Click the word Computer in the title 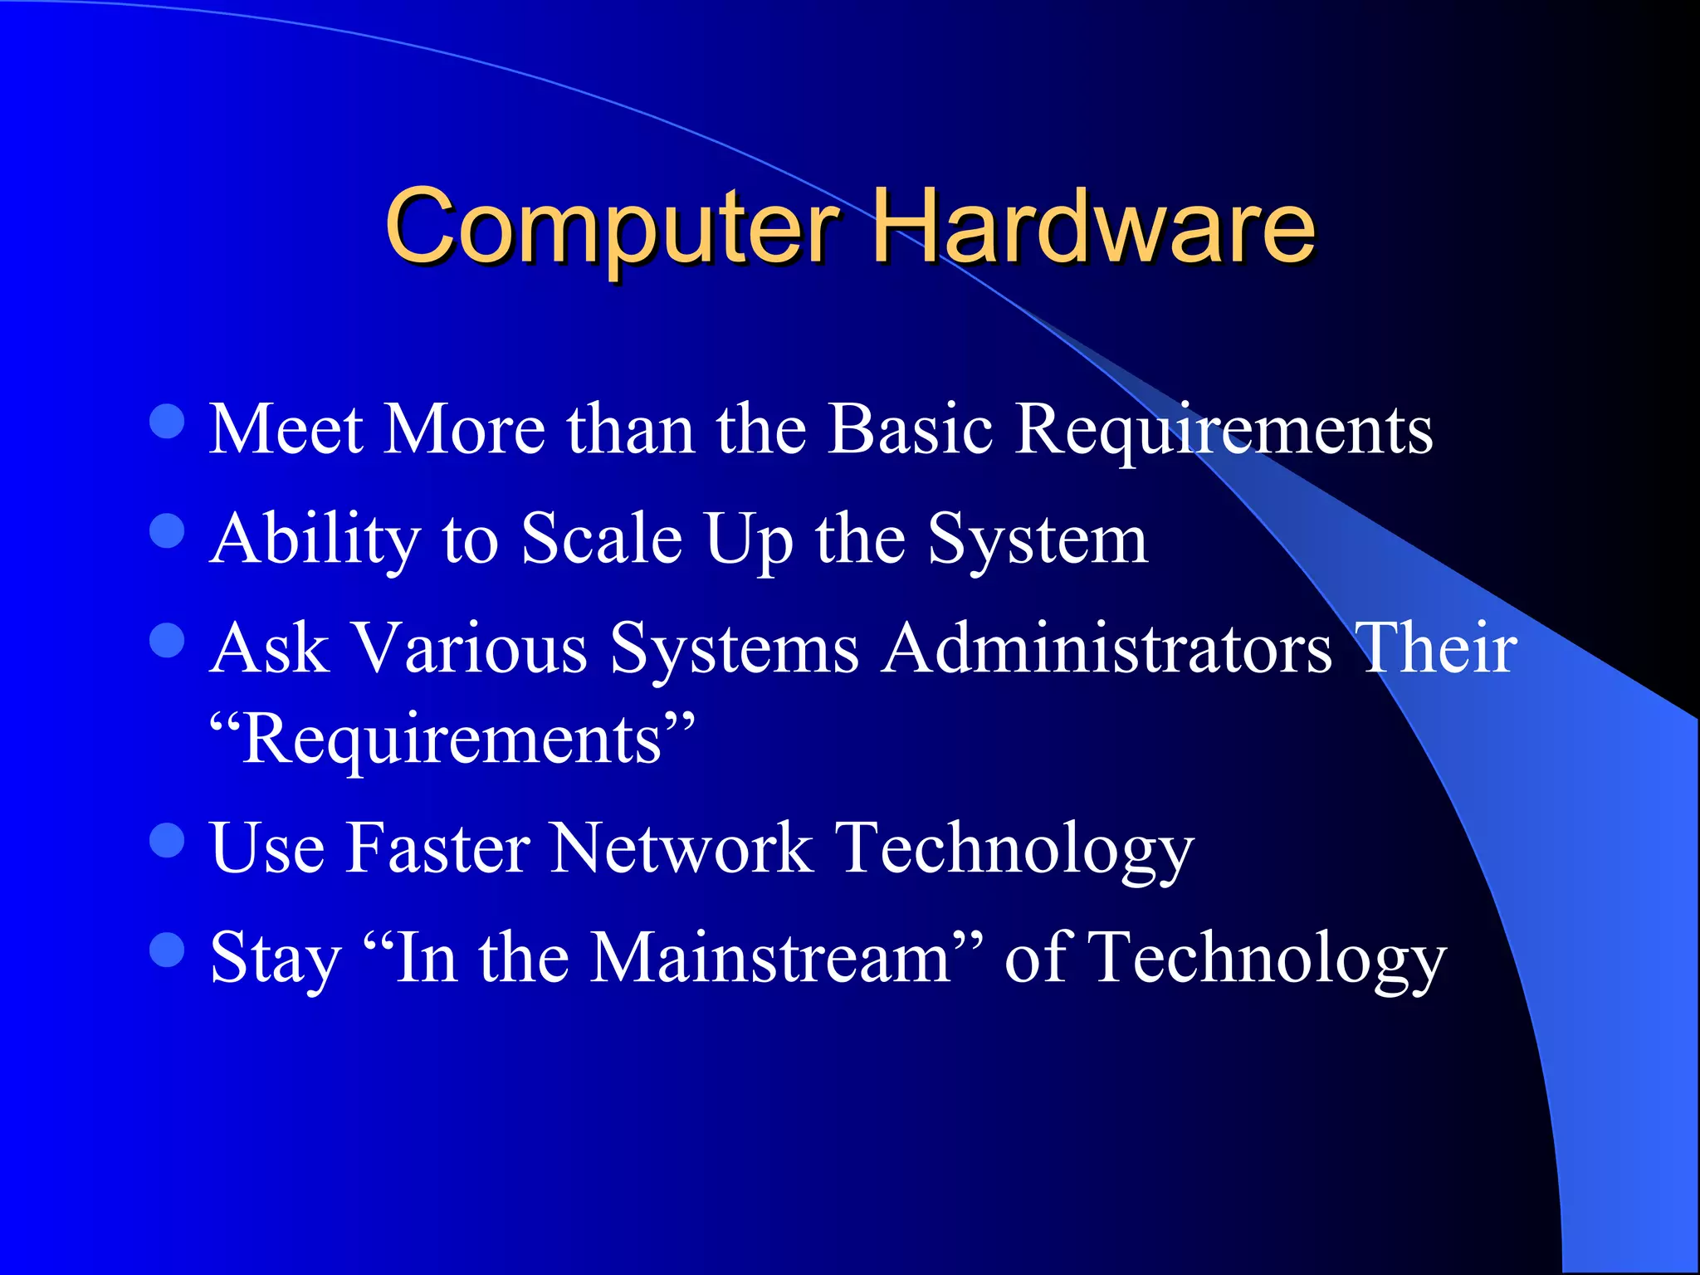click(x=613, y=226)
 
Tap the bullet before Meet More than click(x=167, y=421)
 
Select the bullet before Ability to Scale click(x=167, y=530)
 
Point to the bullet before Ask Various click(x=167, y=640)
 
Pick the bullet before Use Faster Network click(x=167, y=840)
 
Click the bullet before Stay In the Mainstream click(x=167, y=950)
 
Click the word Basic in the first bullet click(x=911, y=429)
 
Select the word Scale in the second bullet click(x=602, y=540)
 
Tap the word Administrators click(x=1106, y=648)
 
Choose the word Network click(x=681, y=848)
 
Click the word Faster click(x=437, y=848)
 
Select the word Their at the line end click(x=1435, y=648)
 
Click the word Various click(x=470, y=648)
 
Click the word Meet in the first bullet click(x=286, y=429)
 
